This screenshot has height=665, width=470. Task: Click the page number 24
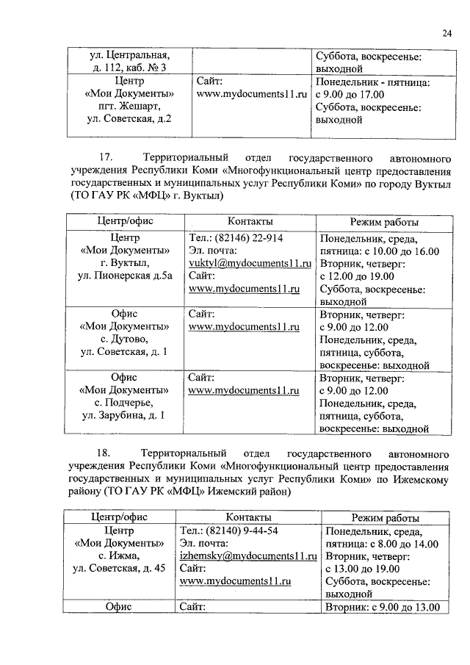click(x=447, y=32)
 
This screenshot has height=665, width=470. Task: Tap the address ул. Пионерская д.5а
click(x=125, y=276)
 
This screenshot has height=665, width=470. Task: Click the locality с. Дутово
click(x=121, y=339)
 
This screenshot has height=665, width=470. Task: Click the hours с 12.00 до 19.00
click(x=358, y=276)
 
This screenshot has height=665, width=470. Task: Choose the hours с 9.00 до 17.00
click(x=355, y=94)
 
